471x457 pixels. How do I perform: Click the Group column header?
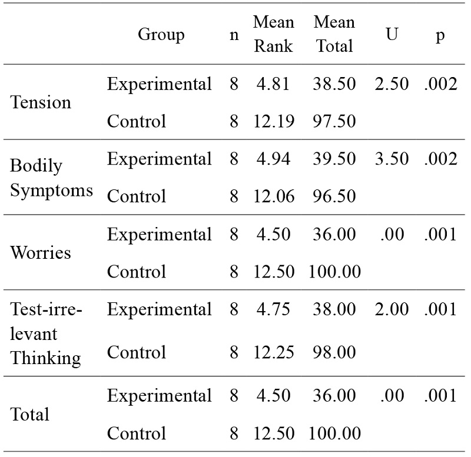161,34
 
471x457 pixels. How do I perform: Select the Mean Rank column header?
273,34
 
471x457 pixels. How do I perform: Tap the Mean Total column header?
334,34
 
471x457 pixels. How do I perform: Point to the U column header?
391,34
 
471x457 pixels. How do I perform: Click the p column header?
440,34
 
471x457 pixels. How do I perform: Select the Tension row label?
41,102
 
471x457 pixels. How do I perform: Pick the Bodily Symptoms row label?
51,178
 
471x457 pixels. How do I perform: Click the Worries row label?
41,253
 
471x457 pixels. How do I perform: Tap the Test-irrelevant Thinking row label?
45,333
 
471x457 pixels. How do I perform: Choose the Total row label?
30,415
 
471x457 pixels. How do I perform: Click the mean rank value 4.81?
273,84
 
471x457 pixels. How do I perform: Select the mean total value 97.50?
334,121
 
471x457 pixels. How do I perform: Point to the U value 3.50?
391,159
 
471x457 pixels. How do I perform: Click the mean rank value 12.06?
273,196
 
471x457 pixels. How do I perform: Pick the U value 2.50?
391,84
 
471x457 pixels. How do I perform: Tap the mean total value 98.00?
334,352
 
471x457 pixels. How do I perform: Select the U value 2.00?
391,309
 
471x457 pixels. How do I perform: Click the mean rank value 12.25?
273,352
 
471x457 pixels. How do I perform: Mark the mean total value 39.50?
334,159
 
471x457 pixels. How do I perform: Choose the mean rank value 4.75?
273,309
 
